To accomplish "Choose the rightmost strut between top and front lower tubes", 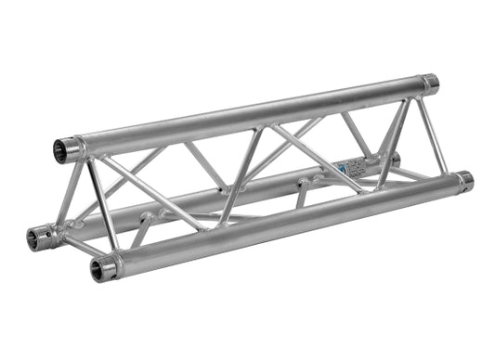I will pyautogui.click(x=432, y=134).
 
